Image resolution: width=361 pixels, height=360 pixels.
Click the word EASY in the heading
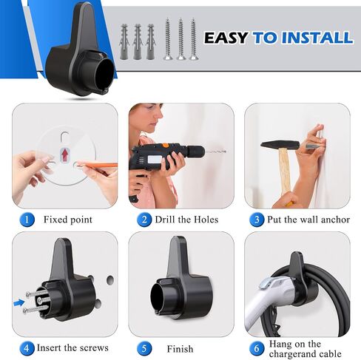click(x=226, y=38)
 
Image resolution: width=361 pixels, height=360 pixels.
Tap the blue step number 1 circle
click(x=27, y=220)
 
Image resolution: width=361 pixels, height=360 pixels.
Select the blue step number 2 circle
click(x=144, y=220)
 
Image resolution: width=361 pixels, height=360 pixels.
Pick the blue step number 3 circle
click(x=257, y=220)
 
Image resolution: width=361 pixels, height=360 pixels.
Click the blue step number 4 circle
click(x=27, y=348)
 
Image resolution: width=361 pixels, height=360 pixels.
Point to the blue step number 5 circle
click(x=144, y=348)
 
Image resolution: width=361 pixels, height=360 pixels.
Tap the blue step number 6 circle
click(x=257, y=348)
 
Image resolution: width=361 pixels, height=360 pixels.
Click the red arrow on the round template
click(x=64, y=154)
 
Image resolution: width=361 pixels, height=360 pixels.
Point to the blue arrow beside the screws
click(x=19, y=302)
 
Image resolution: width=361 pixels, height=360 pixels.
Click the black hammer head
click(x=280, y=145)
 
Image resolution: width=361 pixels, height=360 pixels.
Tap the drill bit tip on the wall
click(x=225, y=151)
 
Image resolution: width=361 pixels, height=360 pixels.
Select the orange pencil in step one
click(x=98, y=165)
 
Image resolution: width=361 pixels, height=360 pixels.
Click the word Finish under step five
click(x=180, y=349)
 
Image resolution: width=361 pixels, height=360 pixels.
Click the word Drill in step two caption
click(x=165, y=220)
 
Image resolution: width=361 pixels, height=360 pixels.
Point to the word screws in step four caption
click(x=94, y=348)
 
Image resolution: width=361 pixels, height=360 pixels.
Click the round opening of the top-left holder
click(x=104, y=72)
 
